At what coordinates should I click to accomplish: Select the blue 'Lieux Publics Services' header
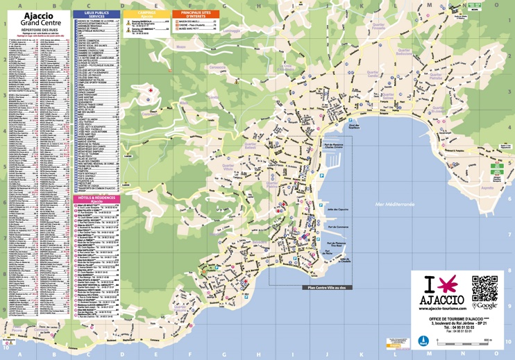tap(96, 14)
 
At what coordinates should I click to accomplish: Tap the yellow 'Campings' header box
tap(146, 14)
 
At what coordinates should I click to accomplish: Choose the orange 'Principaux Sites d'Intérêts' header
tap(195, 14)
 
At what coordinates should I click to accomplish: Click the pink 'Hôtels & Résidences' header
tap(96, 200)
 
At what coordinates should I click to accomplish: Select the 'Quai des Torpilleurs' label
tap(354, 127)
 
